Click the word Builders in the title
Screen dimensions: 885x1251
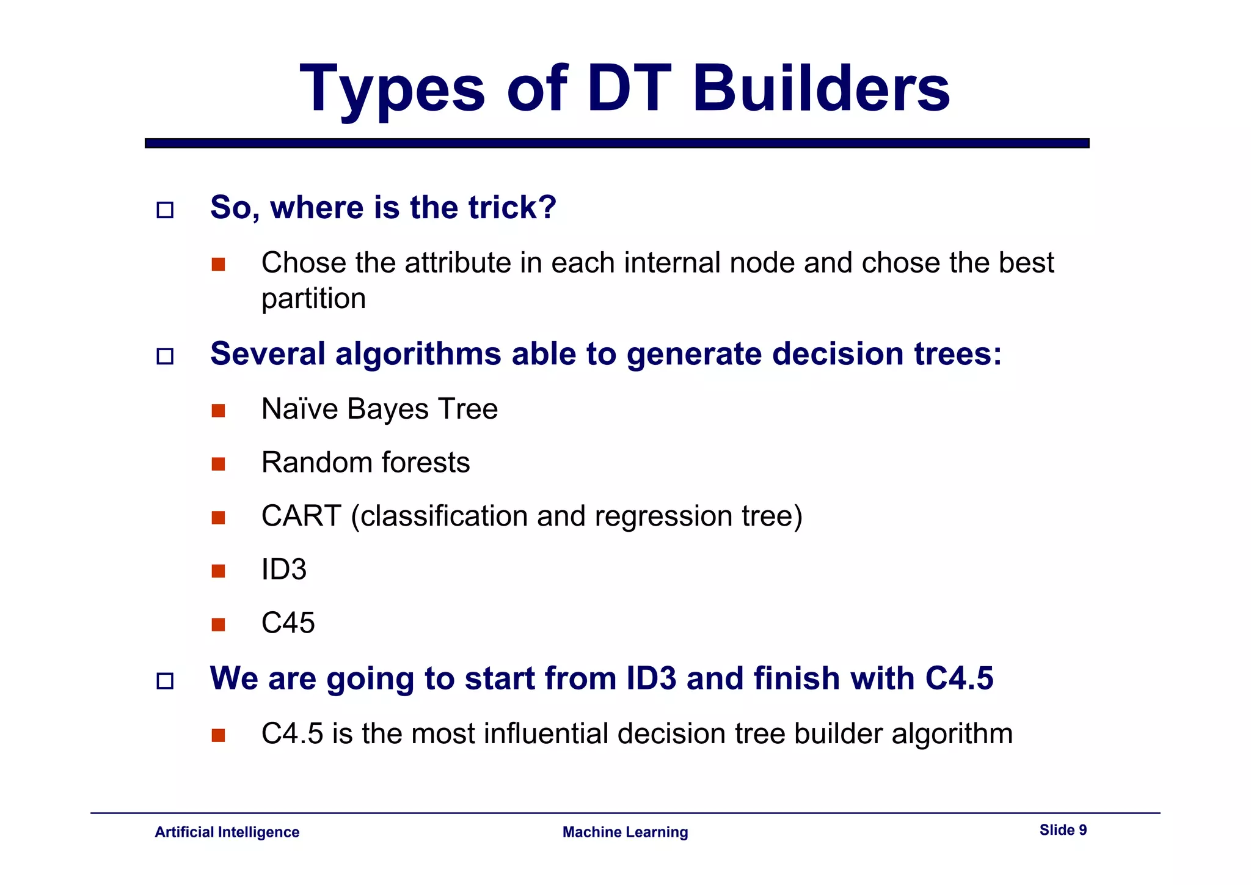click(821, 89)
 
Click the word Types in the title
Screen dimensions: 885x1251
click(392, 89)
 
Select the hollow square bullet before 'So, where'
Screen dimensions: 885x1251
click(165, 210)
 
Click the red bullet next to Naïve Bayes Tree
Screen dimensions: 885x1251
click(218, 411)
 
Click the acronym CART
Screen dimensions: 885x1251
click(301, 516)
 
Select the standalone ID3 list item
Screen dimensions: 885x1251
click(284, 570)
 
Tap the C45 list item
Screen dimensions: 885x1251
click(288, 623)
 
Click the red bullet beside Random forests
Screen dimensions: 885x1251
click(218, 464)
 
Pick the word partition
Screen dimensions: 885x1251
click(313, 299)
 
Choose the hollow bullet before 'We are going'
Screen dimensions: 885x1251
click(165, 681)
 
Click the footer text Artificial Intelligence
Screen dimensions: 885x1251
click(227, 832)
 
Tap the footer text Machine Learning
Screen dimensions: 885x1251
click(625, 832)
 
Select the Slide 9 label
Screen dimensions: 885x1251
click(1063, 830)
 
